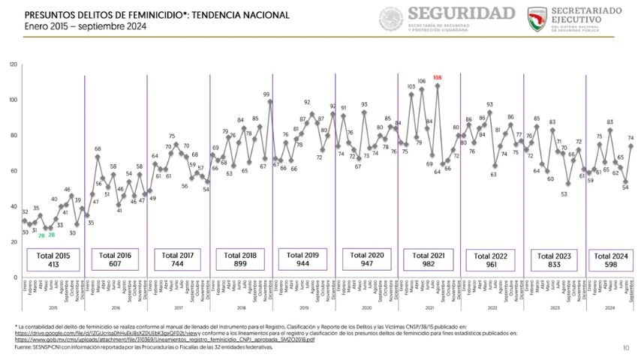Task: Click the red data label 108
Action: [x=437, y=78]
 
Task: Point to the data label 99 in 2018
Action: [x=266, y=94]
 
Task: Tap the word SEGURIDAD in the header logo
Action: [x=461, y=13]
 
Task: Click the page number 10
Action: [x=626, y=347]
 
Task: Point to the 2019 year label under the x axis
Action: [x=304, y=307]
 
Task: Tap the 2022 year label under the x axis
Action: [x=492, y=307]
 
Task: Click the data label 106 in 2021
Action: [x=422, y=81]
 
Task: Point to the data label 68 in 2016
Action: [x=98, y=148]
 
